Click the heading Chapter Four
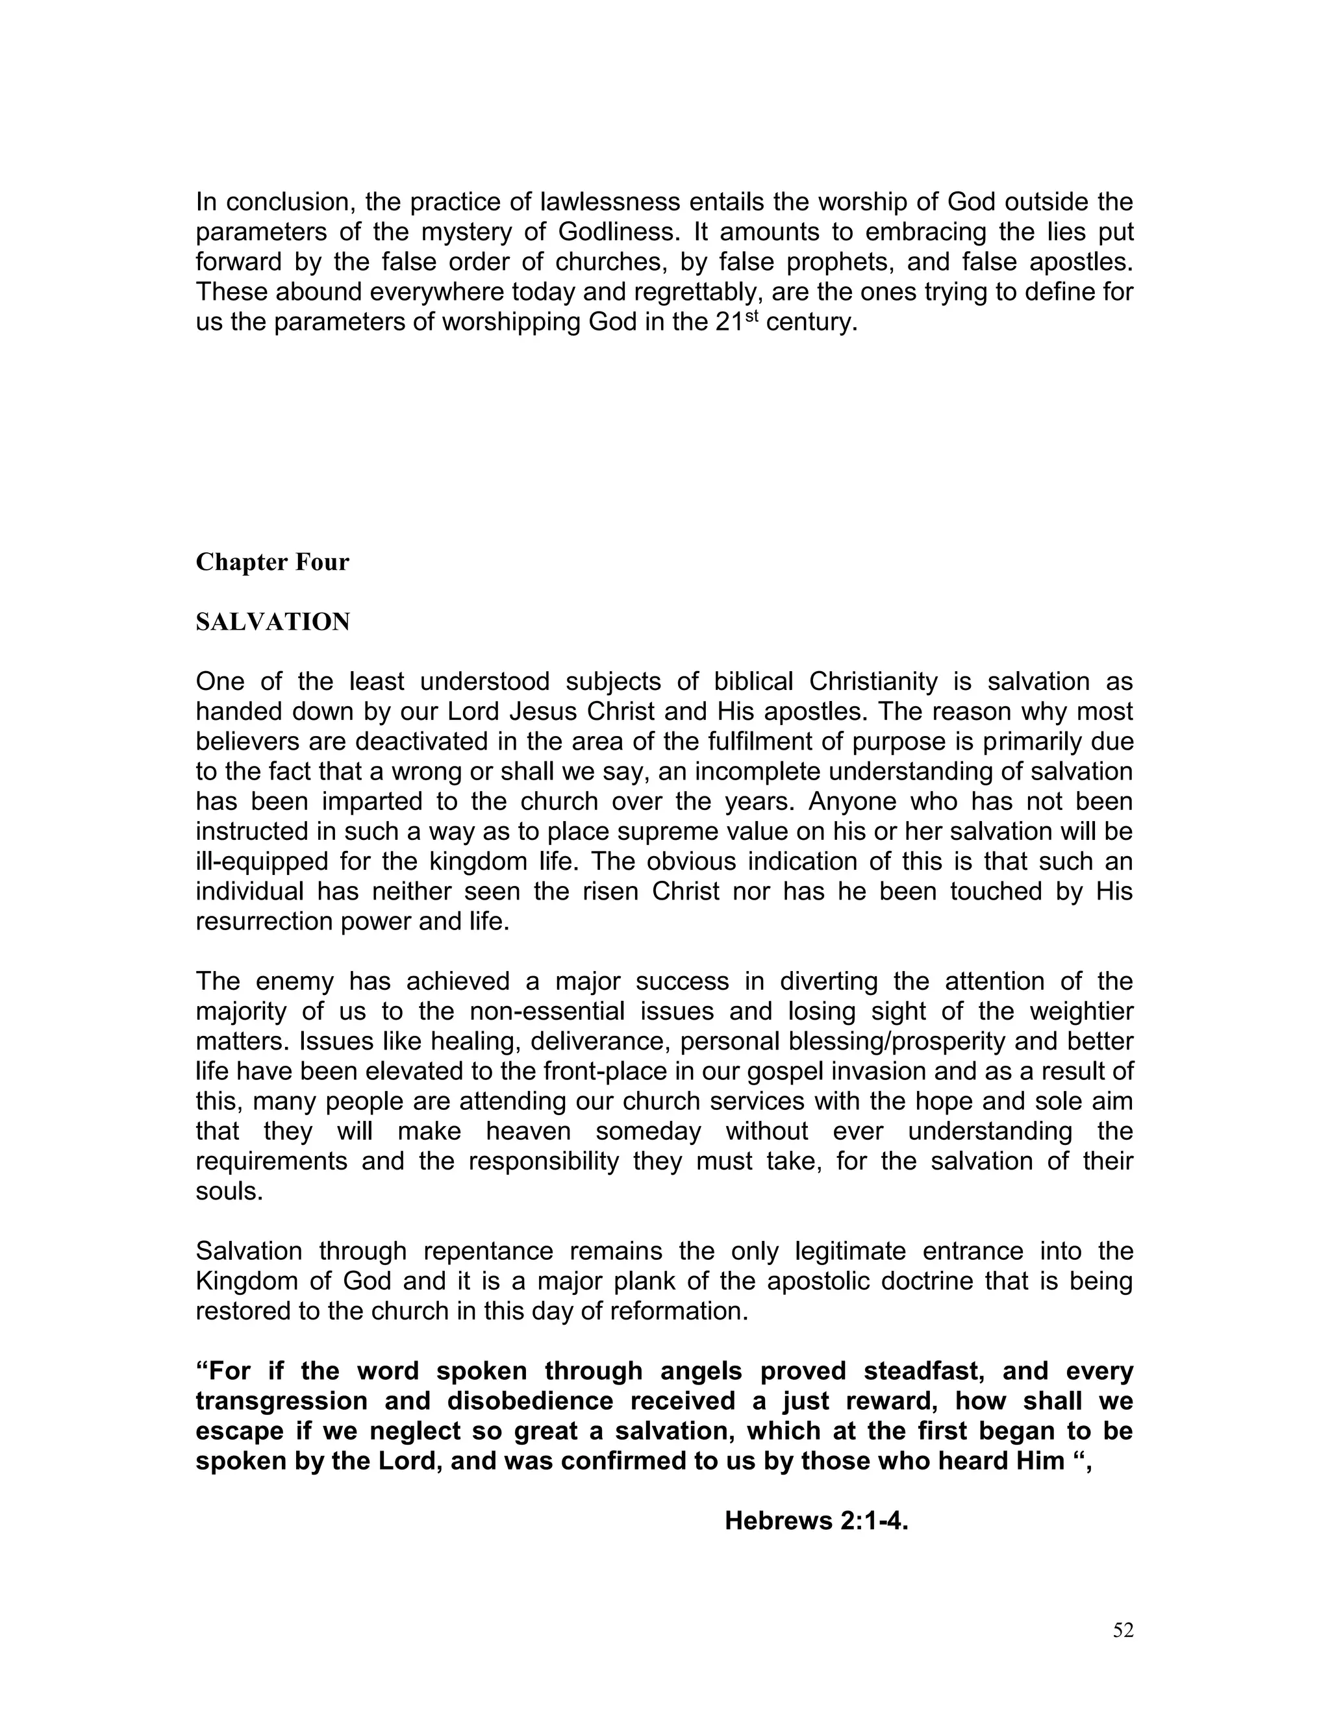tap(272, 562)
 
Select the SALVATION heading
tap(273, 622)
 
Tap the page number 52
tap(1123, 1631)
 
